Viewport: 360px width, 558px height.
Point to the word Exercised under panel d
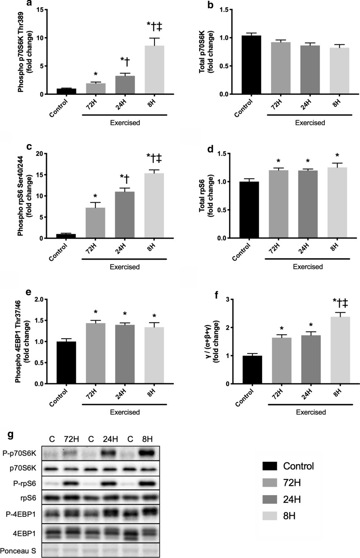tap(307, 267)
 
